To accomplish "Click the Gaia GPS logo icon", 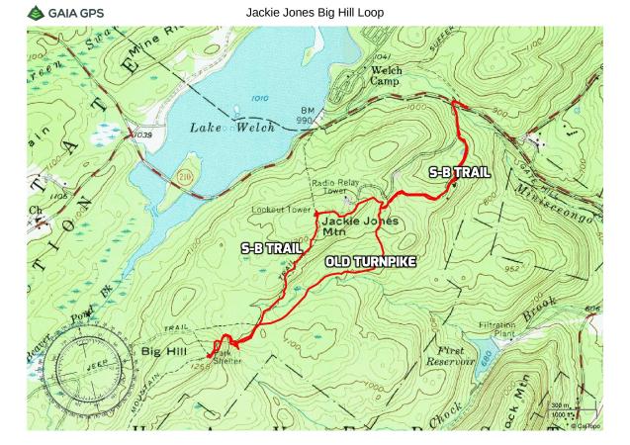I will click(x=36, y=13).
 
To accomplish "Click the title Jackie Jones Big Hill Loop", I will click(x=315, y=12).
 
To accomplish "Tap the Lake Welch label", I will click(x=231, y=129).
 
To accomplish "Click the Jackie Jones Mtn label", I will click(x=360, y=226).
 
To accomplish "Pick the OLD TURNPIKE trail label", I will click(x=369, y=262).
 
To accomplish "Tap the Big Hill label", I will click(x=162, y=350).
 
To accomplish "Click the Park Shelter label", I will click(x=227, y=355).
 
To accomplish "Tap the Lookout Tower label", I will click(x=281, y=211).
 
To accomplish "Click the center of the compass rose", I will click(x=84, y=364).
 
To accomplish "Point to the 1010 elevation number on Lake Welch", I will click(x=259, y=99).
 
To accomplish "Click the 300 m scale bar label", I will click(x=560, y=406).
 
